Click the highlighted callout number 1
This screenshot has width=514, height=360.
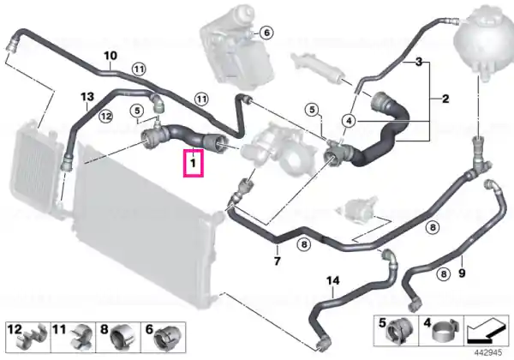click(194, 163)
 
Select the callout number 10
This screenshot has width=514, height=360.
click(111, 56)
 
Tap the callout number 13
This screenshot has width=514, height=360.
click(87, 97)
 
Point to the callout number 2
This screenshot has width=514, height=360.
click(445, 99)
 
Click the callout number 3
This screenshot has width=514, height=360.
click(419, 62)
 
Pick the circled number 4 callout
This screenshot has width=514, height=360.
click(349, 121)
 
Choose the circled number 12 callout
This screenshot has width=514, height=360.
click(105, 116)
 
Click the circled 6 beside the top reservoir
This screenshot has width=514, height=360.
click(266, 33)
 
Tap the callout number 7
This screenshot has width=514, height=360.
click(278, 261)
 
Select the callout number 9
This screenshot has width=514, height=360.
click(462, 273)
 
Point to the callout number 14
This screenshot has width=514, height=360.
click(332, 280)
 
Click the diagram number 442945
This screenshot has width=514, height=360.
click(488, 353)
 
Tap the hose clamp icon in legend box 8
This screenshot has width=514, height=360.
click(122, 338)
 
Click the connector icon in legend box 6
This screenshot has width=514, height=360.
click(167, 338)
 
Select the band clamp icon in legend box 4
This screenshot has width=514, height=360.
click(445, 331)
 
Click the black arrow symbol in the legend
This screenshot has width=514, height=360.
click(487, 330)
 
